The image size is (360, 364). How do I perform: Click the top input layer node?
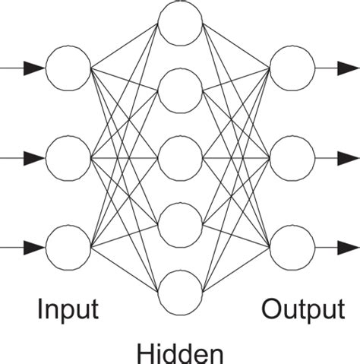point(68,68)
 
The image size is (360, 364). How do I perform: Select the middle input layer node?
point(68,158)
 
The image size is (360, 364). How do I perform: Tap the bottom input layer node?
point(68,248)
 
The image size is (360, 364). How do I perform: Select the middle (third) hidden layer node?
point(180,158)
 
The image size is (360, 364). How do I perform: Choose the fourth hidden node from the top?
point(180,225)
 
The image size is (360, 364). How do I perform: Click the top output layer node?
point(292,68)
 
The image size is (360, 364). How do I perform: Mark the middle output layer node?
point(292,158)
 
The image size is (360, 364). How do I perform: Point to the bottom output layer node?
point(292,248)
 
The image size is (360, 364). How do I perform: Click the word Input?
point(68,309)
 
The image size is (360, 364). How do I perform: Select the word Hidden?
point(180,353)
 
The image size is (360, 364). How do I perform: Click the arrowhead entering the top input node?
point(33,68)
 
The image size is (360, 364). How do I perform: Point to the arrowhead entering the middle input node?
point(33,158)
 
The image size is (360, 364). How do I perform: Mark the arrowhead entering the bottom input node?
point(33,248)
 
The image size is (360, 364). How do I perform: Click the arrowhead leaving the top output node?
point(348,68)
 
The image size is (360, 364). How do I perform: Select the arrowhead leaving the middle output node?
point(348,158)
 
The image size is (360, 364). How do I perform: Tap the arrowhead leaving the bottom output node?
point(348,248)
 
